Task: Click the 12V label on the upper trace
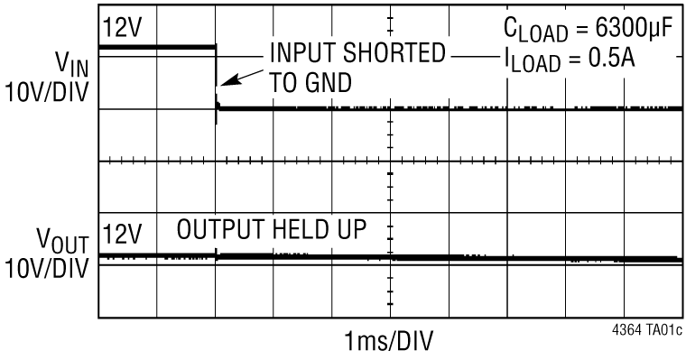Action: (123, 28)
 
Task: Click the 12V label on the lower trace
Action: (123, 234)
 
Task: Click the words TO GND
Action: (311, 82)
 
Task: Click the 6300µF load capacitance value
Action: (628, 29)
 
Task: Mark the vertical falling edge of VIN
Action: (217, 77)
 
